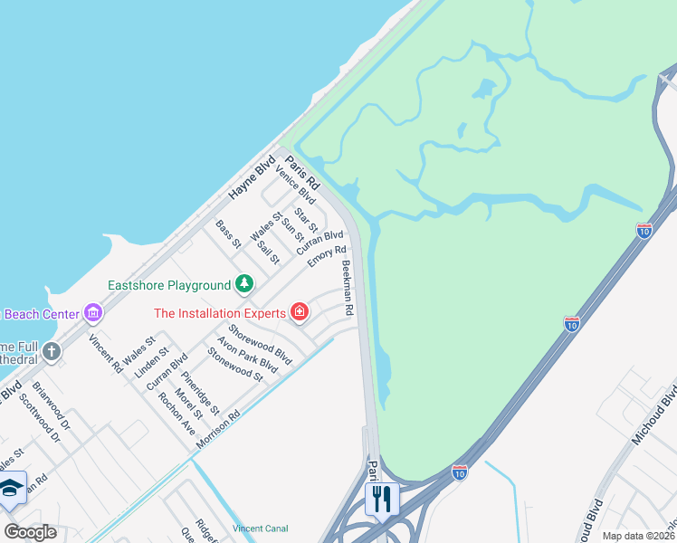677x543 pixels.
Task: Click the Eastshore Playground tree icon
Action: (x=243, y=285)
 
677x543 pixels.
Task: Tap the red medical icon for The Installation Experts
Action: (x=299, y=313)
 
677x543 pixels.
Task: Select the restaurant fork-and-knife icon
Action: (x=381, y=498)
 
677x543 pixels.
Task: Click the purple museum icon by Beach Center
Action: (x=92, y=314)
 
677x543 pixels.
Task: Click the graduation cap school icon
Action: (x=12, y=488)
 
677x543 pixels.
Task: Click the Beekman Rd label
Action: (x=347, y=288)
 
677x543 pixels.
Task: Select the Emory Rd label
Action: (x=327, y=257)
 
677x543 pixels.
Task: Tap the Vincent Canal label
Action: (x=260, y=528)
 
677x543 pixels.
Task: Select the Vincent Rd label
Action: (x=105, y=354)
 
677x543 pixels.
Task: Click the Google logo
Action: (x=30, y=532)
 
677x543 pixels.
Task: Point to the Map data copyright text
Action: (x=638, y=536)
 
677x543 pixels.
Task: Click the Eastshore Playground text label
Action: (x=169, y=285)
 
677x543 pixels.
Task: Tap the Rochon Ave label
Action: (x=176, y=414)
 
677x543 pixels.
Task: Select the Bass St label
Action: (x=228, y=233)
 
